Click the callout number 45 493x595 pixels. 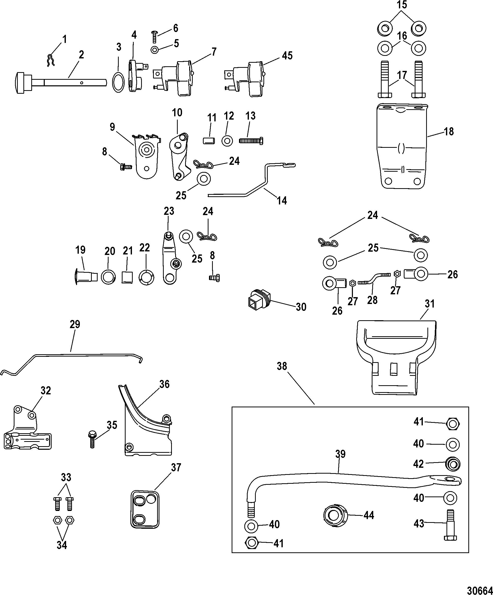coord(287,56)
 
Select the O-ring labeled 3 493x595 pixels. coord(118,82)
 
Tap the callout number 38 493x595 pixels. coord(282,366)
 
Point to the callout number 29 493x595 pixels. coord(75,324)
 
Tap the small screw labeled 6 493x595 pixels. coord(155,37)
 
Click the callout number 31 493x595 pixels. coord(430,304)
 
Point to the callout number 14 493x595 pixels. coord(282,201)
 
